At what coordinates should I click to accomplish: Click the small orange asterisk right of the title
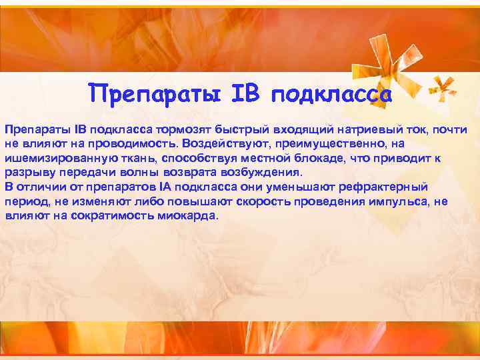pyautogui.click(x=441, y=87)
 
